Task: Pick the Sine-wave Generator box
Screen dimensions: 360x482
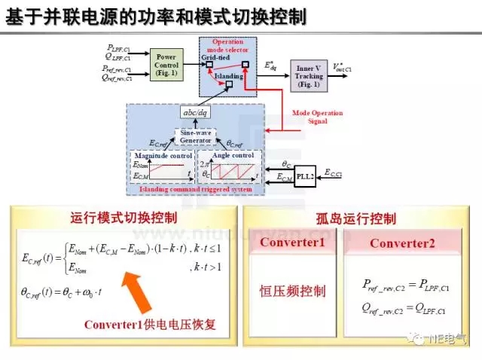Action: click(195, 136)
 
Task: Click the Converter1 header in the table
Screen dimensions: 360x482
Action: click(292, 243)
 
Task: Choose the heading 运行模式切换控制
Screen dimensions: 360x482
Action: click(124, 218)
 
